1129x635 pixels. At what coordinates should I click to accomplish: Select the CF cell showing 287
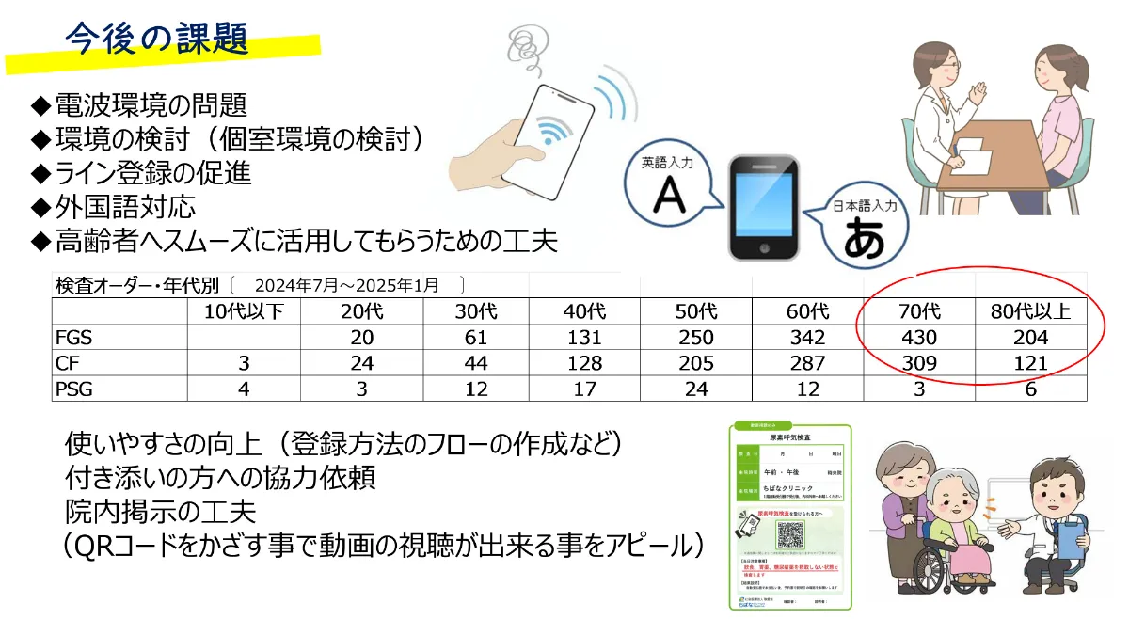(x=806, y=363)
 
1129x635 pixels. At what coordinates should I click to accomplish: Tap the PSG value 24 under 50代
(x=695, y=389)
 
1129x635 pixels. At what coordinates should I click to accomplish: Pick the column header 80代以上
(x=1031, y=311)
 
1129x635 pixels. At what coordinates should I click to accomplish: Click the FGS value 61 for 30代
(x=475, y=338)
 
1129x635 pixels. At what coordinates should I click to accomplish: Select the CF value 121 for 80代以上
(x=1031, y=363)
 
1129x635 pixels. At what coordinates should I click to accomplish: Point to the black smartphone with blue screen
(x=764, y=207)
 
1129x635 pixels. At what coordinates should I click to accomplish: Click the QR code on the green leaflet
(x=790, y=533)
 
